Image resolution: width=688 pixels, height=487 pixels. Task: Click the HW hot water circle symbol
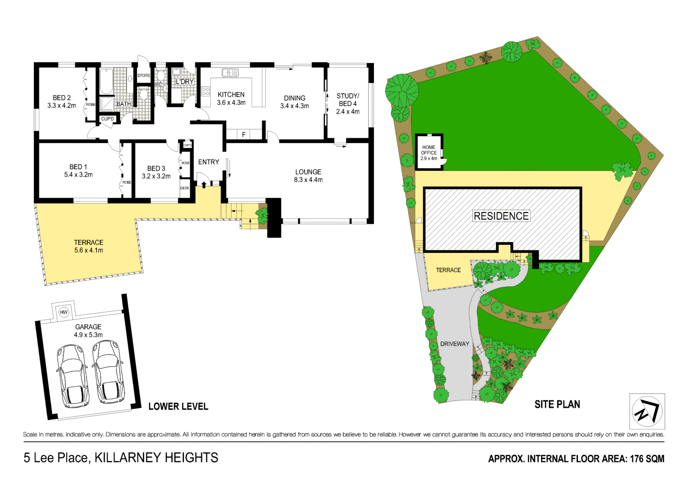[x=63, y=312]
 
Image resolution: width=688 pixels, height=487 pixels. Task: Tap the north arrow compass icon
[x=647, y=411]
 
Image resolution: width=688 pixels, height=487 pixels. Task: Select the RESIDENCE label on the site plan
[x=501, y=216]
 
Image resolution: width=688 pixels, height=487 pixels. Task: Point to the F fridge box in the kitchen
[x=244, y=134]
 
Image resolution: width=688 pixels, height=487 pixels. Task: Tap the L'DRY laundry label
[x=185, y=82]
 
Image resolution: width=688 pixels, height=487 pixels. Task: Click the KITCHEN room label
[x=231, y=94]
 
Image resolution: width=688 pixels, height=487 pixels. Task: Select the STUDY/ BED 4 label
[x=347, y=100]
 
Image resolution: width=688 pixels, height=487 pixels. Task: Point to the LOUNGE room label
[x=308, y=172]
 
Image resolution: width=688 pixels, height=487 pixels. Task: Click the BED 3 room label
[x=156, y=168]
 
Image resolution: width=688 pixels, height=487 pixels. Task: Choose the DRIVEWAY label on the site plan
[x=455, y=344]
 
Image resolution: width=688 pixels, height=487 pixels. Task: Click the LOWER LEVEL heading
[x=178, y=406]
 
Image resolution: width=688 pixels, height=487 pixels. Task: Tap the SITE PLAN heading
[x=557, y=404]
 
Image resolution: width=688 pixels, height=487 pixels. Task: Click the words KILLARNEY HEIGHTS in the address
[x=156, y=457]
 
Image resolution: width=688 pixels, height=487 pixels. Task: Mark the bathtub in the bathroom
[x=107, y=81]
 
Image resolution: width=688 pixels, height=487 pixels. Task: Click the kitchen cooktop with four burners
[x=205, y=91]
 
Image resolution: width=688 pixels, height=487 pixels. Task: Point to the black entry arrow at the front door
[x=204, y=185]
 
